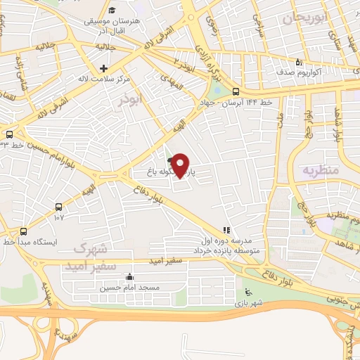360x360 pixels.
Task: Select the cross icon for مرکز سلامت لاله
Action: [104, 68]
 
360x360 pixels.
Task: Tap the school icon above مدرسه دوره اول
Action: [226, 229]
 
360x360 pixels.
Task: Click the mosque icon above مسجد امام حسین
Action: [128, 276]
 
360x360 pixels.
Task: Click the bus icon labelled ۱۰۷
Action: [58, 207]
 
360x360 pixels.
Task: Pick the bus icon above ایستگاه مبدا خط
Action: [24, 231]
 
